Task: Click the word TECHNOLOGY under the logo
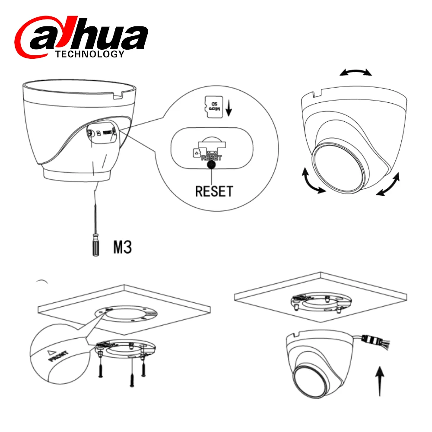point(90,54)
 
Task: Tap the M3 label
point(122,248)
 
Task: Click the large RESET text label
point(214,191)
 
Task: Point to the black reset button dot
point(211,163)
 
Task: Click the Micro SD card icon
point(211,106)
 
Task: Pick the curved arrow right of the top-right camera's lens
point(388,185)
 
